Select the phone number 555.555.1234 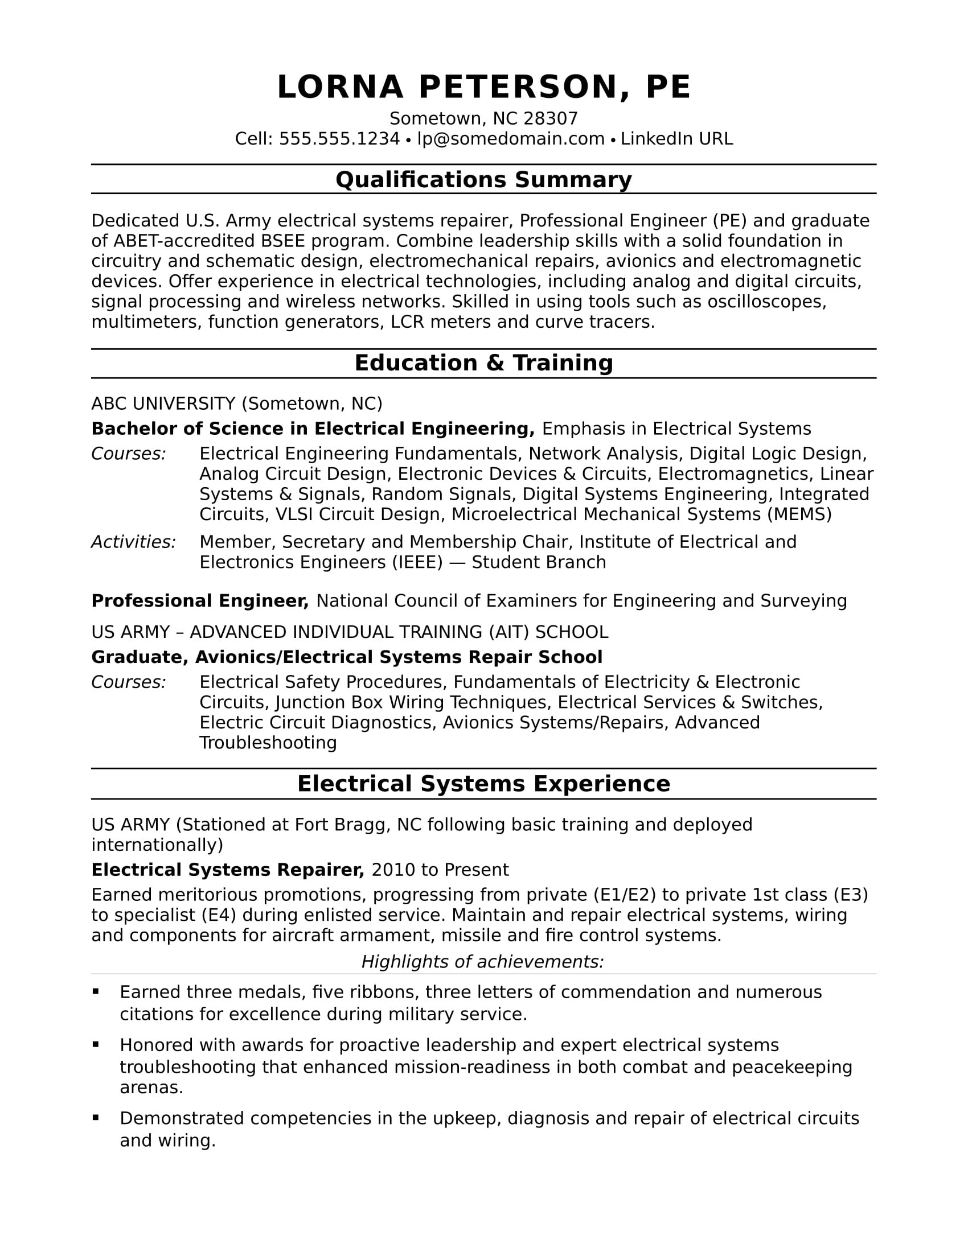pos(339,139)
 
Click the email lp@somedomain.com pos(510,139)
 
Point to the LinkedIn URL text pos(676,139)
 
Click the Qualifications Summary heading pos(483,179)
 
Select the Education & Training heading pos(483,363)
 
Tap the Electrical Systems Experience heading pos(483,784)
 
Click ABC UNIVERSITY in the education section pos(163,403)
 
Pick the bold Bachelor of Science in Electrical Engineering pos(313,429)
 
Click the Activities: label pos(134,542)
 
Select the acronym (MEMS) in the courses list pos(799,514)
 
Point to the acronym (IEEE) pos(417,562)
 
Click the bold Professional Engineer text pos(199,601)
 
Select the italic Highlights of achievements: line pos(482,961)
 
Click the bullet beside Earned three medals pos(96,991)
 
